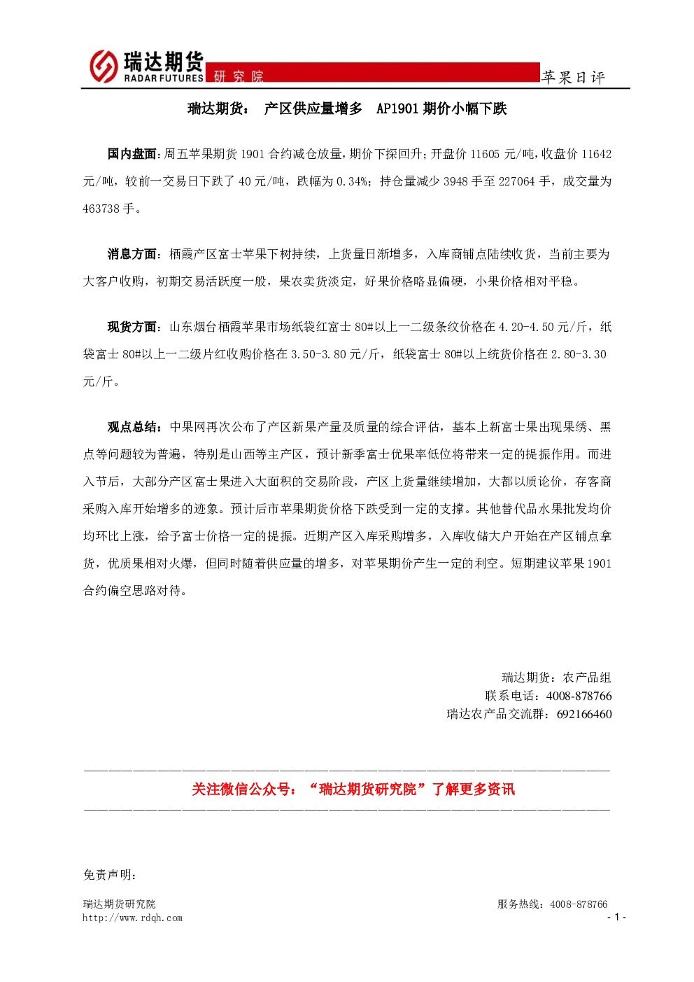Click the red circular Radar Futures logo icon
(x=104, y=66)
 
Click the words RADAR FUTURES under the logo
(x=164, y=78)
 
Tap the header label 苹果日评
(x=573, y=78)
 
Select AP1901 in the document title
(x=397, y=108)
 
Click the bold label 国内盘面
(x=132, y=154)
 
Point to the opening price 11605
(x=485, y=154)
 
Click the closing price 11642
(x=596, y=154)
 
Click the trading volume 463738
(x=101, y=209)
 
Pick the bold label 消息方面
(x=132, y=254)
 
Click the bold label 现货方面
(x=132, y=327)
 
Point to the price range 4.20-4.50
(x=527, y=327)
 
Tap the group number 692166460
(x=584, y=714)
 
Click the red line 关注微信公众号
(x=353, y=789)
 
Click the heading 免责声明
(x=110, y=875)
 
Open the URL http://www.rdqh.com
(x=132, y=918)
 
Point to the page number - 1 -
(x=616, y=917)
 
